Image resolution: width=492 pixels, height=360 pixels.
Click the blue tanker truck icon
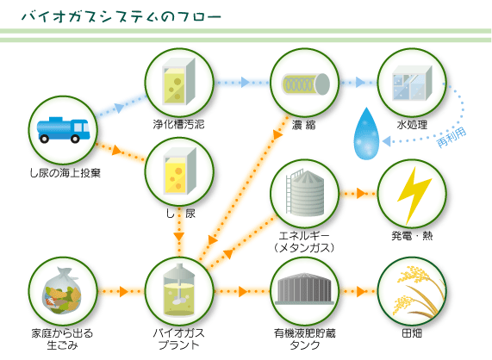click(x=64, y=130)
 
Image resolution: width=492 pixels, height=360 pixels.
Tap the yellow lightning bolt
click(x=414, y=195)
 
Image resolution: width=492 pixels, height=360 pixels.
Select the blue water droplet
click(x=366, y=133)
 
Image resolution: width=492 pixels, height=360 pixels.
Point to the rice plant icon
click(x=417, y=291)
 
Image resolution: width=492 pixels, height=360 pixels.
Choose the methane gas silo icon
click(x=305, y=193)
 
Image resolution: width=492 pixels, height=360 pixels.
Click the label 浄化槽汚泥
click(x=179, y=125)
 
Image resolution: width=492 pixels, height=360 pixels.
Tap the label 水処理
click(x=412, y=125)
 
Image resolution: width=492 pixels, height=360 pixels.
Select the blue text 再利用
click(x=452, y=137)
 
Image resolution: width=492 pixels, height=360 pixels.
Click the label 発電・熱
click(x=412, y=235)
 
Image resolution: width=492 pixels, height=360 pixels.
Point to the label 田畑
click(x=412, y=333)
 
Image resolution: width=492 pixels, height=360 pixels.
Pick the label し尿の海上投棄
click(x=65, y=173)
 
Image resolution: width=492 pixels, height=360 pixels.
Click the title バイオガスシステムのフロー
click(x=121, y=17)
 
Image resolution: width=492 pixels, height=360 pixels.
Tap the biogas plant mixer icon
click(x=179, y=289)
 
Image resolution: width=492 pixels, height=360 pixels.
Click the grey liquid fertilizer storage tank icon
click(x=304, y=289)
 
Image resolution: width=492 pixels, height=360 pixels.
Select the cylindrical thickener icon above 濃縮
click(x=305, y=84)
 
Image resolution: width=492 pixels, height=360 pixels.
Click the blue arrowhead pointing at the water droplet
click(x=386, y=141)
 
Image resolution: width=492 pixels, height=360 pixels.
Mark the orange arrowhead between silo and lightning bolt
click(x=361, y=193)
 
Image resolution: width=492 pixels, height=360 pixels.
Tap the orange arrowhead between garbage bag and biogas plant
click(x=123, y=291)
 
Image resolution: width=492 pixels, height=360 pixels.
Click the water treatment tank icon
click(x=413, y=83)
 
